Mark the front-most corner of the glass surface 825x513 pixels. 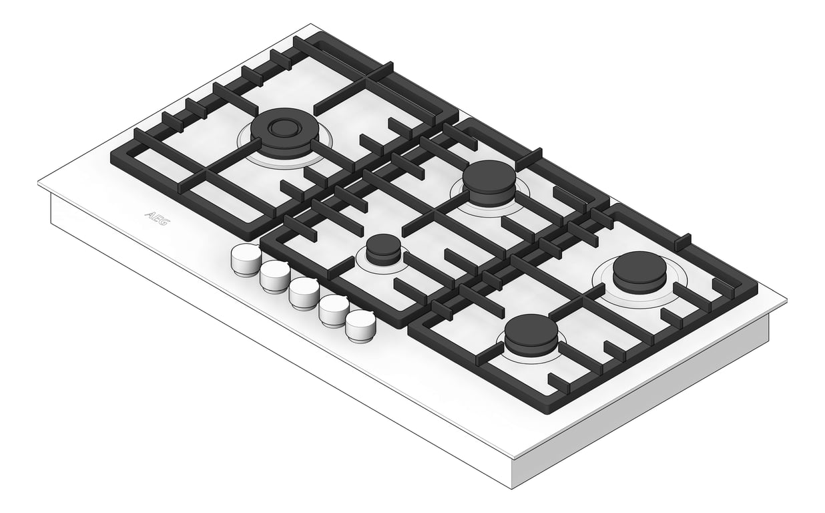pos(512,458)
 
